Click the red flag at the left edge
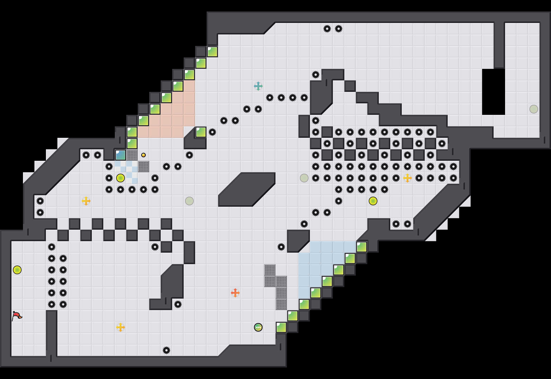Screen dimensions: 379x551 [x=17, y=316]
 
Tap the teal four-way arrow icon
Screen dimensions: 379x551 [x=258, y=86]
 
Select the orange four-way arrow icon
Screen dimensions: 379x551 [x=235, y=293]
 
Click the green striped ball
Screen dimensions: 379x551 [x=258, y=327]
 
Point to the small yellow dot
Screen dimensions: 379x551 [x=143, y=155]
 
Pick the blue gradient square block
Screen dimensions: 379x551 [x=121, y=155]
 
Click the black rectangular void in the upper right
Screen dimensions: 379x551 [x=494, y=92]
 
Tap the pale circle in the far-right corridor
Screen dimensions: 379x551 [x=534, y=109]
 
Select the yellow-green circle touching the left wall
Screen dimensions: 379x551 [x=17, y=270]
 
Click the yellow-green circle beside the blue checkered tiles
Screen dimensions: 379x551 [x=121, y=178]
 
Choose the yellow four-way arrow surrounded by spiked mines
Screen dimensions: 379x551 [x=408, y=178]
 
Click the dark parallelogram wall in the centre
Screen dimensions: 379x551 [x=247, y=189]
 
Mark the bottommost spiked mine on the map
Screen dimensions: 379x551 [x=166, y=350]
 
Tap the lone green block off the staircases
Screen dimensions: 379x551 [x=201, y=132]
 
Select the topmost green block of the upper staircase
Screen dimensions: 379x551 [x=212, y=52]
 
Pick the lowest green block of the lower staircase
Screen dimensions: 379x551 [x=281, y=327]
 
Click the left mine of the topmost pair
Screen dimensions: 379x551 [x=327, y=29]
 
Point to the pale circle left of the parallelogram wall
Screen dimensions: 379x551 [x=189, y=201]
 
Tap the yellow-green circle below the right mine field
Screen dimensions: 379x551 [x=373, y=201]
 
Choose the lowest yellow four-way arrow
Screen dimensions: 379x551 [x=121, y=327]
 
